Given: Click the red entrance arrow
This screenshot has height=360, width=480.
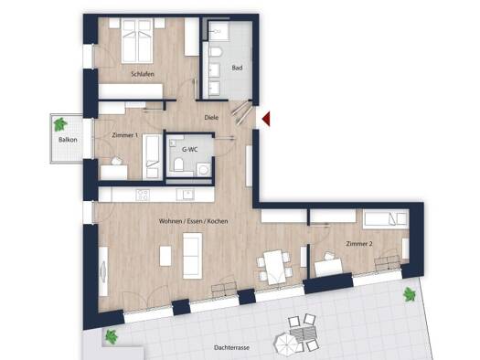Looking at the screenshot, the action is tap(267, 119).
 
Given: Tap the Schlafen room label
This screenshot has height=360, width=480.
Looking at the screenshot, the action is tap(143, 74).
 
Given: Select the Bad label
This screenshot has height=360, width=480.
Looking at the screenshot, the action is tap(237, 68).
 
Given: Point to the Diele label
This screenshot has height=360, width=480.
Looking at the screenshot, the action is tap(211, 117).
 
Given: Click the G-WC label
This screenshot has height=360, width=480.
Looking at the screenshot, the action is tap(190, 150).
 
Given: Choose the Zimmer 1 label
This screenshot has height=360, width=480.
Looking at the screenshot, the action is tap(125, 135).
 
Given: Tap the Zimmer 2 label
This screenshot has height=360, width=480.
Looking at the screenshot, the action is tap(359, 244).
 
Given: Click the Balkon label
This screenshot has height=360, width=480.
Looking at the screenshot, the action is tap(68, 140).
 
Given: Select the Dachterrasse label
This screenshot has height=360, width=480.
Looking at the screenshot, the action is tap(231, 347).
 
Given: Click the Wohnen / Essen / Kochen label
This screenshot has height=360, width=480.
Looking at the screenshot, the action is tap(194, 221).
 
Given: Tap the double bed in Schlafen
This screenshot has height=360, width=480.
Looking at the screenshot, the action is tap(137, 40).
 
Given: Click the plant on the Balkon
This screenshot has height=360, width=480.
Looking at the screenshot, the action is tap(60, 124).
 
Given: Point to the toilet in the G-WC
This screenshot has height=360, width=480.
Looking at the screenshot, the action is tap(178, 164).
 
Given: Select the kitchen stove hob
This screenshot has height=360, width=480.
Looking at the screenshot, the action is tap(143, 195).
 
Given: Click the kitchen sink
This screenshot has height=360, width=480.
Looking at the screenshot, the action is tap(186, 195).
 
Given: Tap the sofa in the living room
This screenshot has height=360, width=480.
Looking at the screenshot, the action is tap(193, 256).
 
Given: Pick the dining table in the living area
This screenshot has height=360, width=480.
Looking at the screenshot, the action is tap(274, 267).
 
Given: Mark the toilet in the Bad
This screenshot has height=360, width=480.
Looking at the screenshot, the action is tap(216, 52).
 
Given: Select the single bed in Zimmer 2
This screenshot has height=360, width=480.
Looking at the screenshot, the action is tap(386, 219).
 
